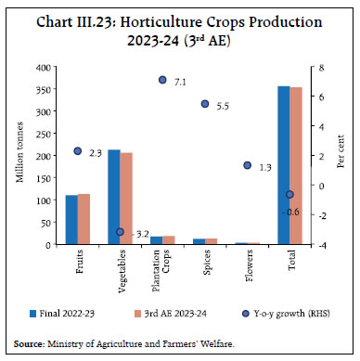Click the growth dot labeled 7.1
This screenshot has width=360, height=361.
click(162, 81)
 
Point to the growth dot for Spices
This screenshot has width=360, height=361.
click(205, 104)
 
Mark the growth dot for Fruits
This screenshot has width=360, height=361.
click(78, 151)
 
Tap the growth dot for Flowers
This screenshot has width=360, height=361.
click(248, 165)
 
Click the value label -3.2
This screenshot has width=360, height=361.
click(138, 232)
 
